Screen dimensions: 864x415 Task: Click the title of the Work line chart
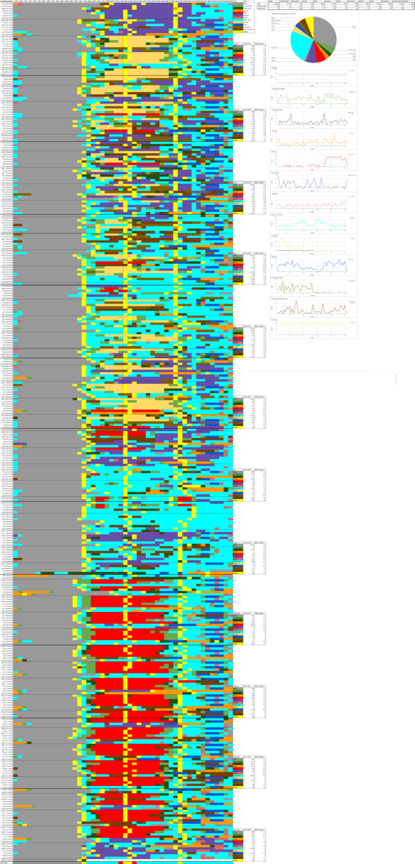pos(274,152)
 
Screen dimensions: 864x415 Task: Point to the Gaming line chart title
pos(275,173)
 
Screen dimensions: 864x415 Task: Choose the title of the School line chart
pos(275,235)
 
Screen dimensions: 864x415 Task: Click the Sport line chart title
pos(274,256)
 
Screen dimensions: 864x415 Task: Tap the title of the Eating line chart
pos(274,319)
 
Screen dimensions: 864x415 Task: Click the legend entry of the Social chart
pos(351,134)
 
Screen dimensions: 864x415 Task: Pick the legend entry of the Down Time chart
pos(352,218)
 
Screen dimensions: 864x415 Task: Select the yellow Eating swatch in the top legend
pos(237,32)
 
